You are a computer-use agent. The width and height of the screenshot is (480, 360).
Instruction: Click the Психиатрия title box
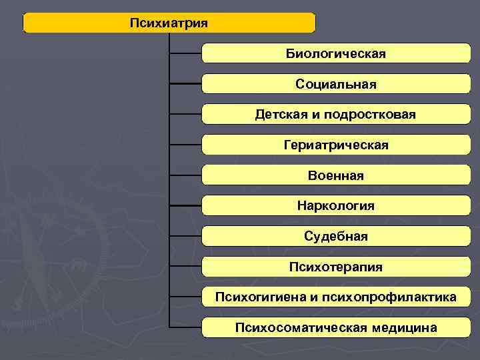(169, 23)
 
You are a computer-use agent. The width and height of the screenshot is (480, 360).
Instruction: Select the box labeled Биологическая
(336, 53)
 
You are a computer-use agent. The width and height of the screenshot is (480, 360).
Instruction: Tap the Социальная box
(336, 84)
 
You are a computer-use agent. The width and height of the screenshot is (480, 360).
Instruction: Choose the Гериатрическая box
(336, 145)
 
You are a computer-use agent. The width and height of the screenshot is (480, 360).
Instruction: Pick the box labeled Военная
(336, 175)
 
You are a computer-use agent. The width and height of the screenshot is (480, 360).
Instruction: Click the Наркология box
(336, 205)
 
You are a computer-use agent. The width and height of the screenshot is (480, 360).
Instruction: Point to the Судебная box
(336, 236)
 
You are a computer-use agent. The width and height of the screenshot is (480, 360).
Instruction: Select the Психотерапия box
(336, 267)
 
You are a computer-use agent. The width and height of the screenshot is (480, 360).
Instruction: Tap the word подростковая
(371, 115)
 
